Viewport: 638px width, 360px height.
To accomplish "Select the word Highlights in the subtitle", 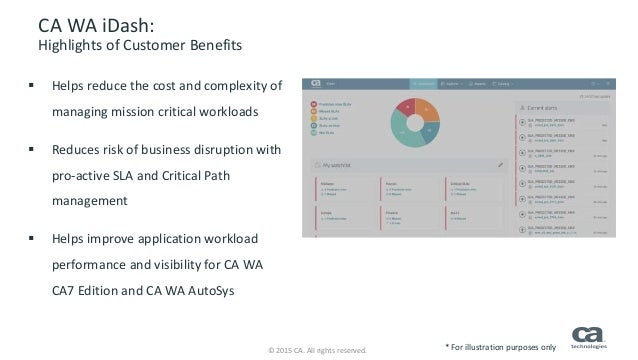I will coord(71,46).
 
